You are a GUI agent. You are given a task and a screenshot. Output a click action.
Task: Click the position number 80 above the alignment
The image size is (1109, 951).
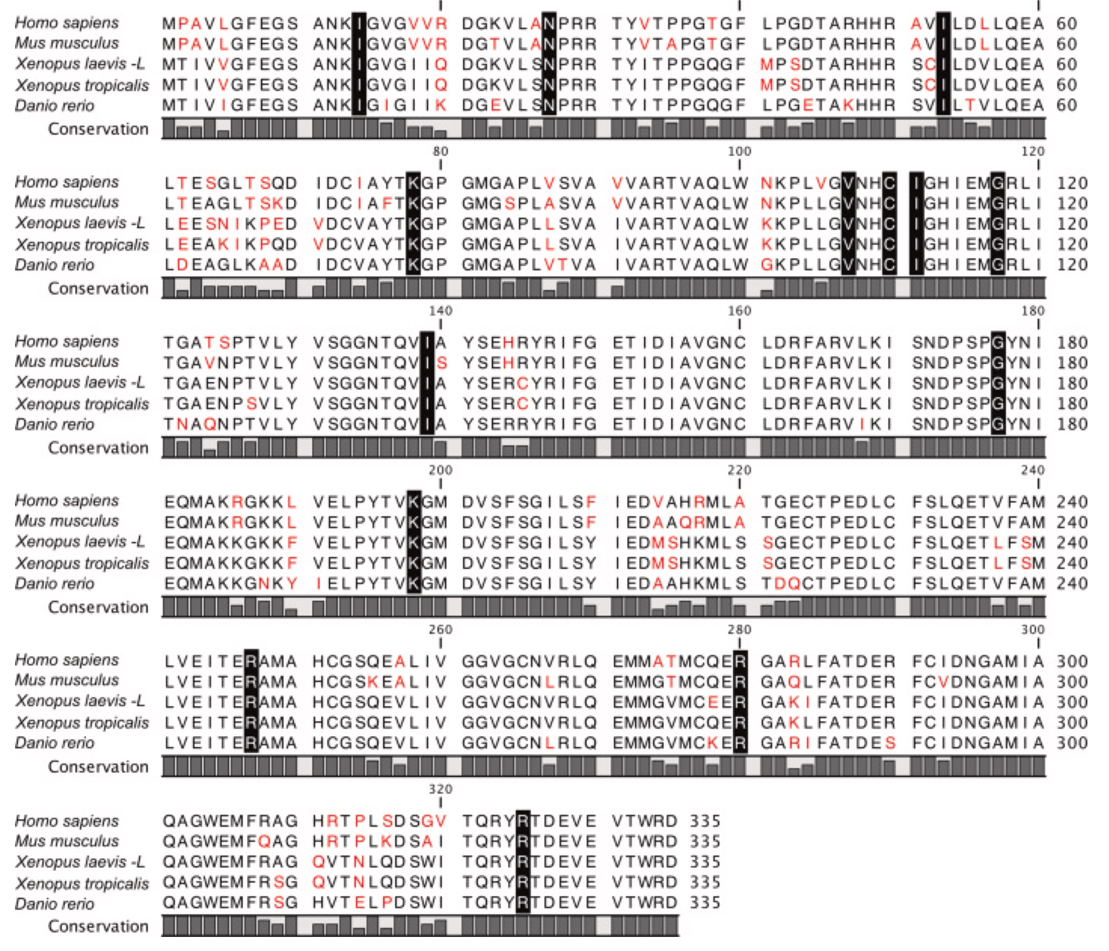(x=440, y=151)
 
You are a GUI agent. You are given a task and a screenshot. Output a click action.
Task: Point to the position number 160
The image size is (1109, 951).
(x=739, y=311)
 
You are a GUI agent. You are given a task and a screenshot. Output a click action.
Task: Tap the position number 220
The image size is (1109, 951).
(x=739, y=470)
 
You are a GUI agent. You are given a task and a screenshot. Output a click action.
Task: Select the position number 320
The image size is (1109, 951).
(x=440, y=789)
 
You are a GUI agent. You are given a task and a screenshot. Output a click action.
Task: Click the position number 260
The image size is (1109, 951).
(x=440, y=630)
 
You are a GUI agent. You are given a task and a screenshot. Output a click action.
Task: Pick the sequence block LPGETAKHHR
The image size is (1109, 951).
(x=828, y=106)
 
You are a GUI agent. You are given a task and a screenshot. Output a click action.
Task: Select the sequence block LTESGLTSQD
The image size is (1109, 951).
(x=230, y=183)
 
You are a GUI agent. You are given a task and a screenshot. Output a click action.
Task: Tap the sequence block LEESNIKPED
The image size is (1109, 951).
(x=230, y=224)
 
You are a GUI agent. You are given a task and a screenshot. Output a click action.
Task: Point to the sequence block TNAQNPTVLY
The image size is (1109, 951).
(x=230, y=424)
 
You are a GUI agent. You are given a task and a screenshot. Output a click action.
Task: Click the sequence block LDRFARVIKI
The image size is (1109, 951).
(x=828, y=424)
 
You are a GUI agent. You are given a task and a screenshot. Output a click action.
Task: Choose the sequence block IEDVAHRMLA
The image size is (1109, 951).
(x=679, y=502)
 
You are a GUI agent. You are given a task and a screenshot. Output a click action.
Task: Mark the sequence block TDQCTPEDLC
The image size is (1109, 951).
(x=828, y=584)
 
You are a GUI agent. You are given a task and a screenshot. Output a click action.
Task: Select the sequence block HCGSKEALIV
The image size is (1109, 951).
(x=380, y=681)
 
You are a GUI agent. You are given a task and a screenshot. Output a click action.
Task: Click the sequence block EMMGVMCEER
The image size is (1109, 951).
(x=679, y=702)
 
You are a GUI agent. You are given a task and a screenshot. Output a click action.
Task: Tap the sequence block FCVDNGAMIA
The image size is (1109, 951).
(x=978, y=681)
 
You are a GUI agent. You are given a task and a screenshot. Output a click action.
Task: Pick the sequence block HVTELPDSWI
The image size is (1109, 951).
(x=380, y=903)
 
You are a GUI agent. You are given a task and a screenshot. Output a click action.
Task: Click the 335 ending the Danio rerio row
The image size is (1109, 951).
(x=705, y=903)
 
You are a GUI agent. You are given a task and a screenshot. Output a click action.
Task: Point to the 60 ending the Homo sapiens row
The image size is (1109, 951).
(x=1066, y=24)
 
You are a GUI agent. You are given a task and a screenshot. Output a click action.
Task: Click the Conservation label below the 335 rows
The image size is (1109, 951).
(x=98, y=926)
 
